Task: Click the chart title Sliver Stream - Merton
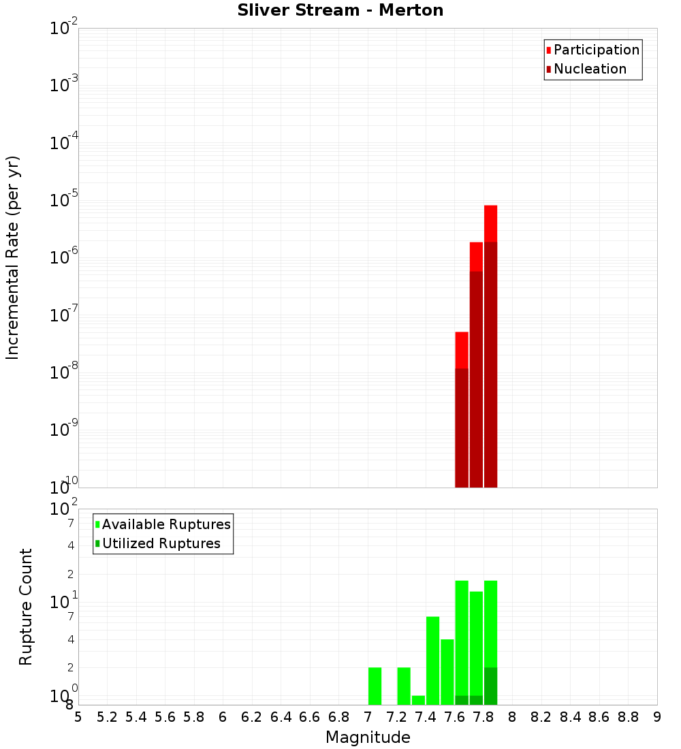click(x=340, y=11)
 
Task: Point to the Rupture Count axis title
click(x=26, y=607)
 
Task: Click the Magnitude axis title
click(x=368, y=737)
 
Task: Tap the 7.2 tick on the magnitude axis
click(x=396, y=717)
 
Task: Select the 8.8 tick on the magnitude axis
click(x=628, y=717)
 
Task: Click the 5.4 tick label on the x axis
click(x=136, y=717)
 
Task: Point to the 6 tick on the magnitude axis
click(x=223, y=717)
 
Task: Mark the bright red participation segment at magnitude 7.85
click(x=490, y=223)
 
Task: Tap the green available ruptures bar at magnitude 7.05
click(x=375, y=686)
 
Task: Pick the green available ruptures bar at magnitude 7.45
click(x=432, y=660)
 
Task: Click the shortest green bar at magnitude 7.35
click(x=418, y=700)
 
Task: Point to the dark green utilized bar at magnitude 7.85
click(x=490, y=686)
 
